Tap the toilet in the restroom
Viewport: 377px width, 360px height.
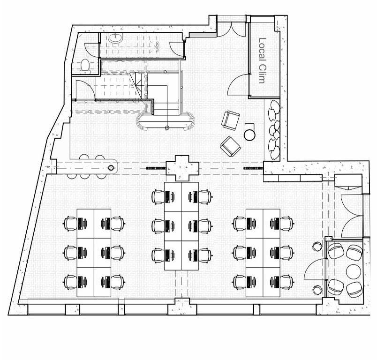point(85,66)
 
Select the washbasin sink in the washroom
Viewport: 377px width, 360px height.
point(116,38)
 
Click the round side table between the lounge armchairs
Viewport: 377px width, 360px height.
point(250,135)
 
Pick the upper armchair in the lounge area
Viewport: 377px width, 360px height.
point(230,120)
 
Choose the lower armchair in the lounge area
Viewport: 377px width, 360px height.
point(231,146)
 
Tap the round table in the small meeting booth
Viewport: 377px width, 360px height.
point(353,271)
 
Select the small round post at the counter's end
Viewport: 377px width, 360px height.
point(111,167)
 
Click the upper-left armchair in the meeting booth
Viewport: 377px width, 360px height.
point(336,252)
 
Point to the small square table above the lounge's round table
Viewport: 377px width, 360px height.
point(250,127)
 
